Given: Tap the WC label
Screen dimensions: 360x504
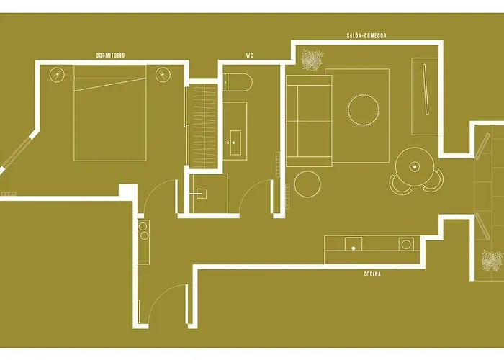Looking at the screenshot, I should (249, 55).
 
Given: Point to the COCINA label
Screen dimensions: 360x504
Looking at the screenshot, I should (372, 274).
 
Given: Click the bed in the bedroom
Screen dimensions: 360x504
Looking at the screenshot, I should (110, 117).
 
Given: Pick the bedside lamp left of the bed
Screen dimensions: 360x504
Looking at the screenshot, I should (57, 74).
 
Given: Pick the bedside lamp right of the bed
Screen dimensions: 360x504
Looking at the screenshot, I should (163, 74).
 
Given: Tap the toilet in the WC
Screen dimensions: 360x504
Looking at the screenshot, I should (238, 83).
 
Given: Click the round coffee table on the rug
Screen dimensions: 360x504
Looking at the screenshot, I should (364, 110).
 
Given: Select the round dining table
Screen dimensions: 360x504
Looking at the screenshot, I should (414, 166).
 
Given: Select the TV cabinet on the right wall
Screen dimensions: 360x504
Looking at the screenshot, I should (423, 96).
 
